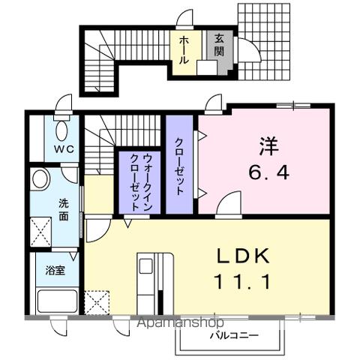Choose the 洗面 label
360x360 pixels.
click(x=64, y=208)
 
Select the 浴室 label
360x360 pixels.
click(x=55, y=270)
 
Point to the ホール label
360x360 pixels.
click(x=183, y=49)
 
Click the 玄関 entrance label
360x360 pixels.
click(x=218, y=45)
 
